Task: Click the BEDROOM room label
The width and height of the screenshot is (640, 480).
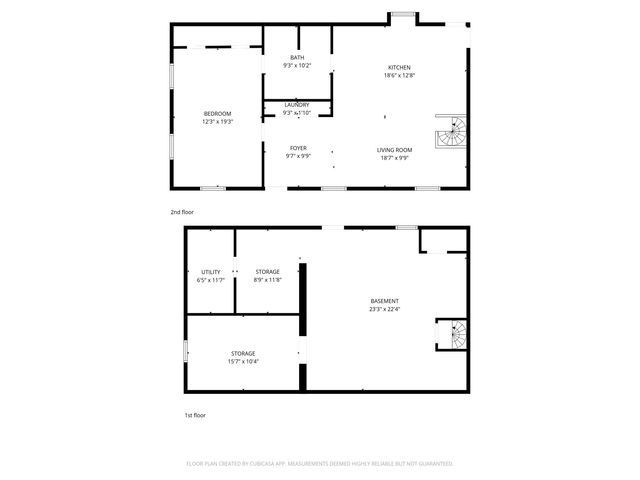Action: click(x=217, y=114)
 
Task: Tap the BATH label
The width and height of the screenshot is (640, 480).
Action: click(x=297, y=58)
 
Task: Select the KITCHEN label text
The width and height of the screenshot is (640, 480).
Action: click(x=399, y=68)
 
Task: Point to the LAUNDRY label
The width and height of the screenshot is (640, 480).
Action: click(x=296, y=105)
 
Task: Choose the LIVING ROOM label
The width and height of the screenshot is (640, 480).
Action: click(x=394, y=150)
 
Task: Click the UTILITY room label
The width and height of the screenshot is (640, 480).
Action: click(x=210, y=272)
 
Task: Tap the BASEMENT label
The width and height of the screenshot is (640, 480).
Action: click(x=384, y=301)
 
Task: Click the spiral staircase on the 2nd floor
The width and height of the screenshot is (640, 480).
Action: click(x=451, y=132)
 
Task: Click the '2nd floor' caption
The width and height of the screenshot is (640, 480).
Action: click(x=181, y=212)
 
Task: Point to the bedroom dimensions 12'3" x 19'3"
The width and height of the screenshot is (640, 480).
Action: click(x=217, y=122)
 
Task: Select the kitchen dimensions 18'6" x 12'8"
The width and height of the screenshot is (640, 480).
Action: click(x=399, y=76)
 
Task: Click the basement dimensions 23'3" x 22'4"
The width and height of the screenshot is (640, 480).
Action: click(x=384, y=309)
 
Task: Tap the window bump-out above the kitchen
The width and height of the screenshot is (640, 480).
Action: click(x=403, y=15)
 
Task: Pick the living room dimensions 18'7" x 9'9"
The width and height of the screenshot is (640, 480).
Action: click(x=394, y=158)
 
